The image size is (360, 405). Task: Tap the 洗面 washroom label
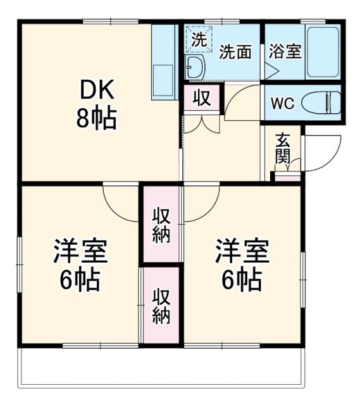[x=235, y=53]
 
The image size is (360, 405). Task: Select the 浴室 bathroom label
[x=284, y=52]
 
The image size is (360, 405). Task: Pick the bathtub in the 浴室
[x=323, y=52]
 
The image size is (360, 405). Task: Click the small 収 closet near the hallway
[x=202, y=99]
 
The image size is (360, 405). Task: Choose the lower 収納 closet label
[x=161, y=306]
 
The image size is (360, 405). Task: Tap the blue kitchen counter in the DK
[x=164, y=63]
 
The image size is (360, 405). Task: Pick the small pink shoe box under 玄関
[x=285, y=177]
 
